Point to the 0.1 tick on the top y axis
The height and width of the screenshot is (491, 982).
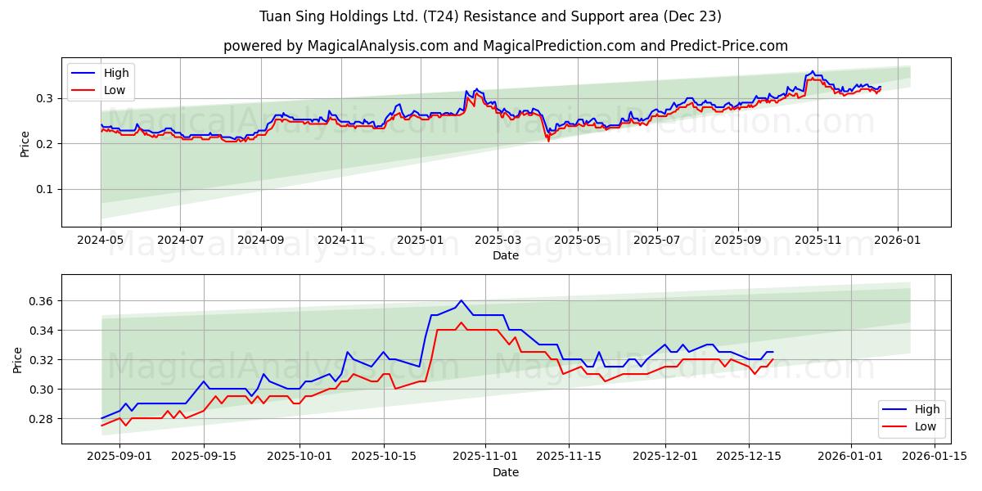tap(45, 189)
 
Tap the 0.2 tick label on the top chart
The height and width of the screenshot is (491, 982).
tap(45, 144)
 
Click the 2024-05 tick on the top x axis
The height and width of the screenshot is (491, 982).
tap(101, 241)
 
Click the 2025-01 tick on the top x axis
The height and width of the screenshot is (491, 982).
tap(420, 241)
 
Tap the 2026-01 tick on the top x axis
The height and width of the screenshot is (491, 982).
tap(897, 241)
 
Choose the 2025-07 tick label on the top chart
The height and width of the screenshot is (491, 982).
tap(657, 241)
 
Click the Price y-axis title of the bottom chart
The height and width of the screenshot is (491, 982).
tap(18, 359)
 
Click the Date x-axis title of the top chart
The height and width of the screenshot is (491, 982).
tap(505, 255)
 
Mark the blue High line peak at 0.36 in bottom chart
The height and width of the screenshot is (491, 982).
tap(461, 300)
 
